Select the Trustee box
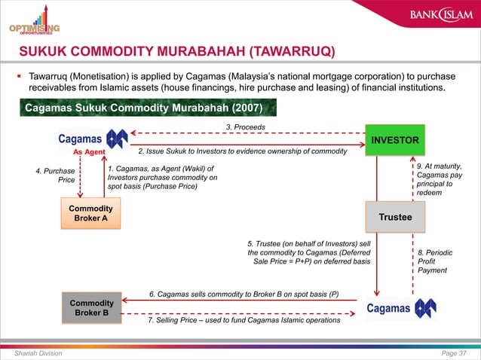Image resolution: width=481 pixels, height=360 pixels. (394, 216)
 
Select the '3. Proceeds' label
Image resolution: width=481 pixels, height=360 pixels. (246, 127)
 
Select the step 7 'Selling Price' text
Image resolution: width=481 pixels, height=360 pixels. (244, 321)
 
